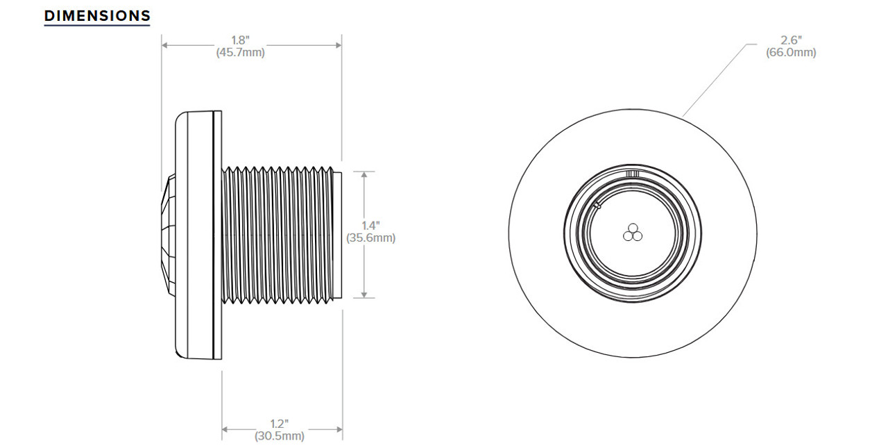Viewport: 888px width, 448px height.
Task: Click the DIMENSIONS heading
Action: [x=97, y=15]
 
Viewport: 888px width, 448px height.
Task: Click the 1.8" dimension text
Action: [x=240, y=40]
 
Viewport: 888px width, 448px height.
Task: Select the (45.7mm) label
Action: [x=240, y=53]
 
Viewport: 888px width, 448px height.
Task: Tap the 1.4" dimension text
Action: [x=371, y=225]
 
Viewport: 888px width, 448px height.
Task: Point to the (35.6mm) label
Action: [x=371, y=238]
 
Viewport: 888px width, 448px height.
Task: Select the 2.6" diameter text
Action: [x=791, y=40]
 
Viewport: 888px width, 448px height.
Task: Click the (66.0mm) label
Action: [x=791, y=53]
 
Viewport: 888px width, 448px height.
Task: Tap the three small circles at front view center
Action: [x=632, y=233]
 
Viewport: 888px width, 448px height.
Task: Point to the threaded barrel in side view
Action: [x=277, y=235]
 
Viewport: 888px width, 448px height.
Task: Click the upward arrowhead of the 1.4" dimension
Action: [x=365, y=175]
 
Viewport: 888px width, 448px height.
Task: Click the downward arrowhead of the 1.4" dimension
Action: [x=365, y=294]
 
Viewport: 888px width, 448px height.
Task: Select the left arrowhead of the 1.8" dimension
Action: [x=166, y=46]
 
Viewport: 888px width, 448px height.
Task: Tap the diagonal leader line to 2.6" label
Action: [x=715, y=80]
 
